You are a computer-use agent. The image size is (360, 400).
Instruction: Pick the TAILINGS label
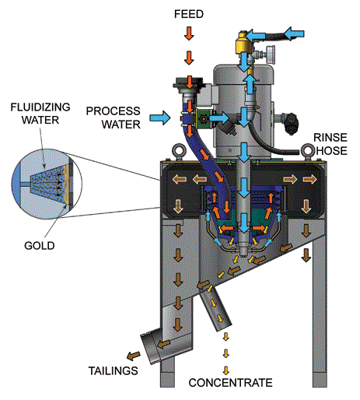[x=114, y=370]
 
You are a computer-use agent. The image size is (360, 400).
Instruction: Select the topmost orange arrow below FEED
[x=188, y=33]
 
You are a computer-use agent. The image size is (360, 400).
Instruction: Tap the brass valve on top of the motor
[x=246, y=39]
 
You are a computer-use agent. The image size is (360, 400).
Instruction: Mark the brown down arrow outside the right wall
[x=305, y=254]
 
